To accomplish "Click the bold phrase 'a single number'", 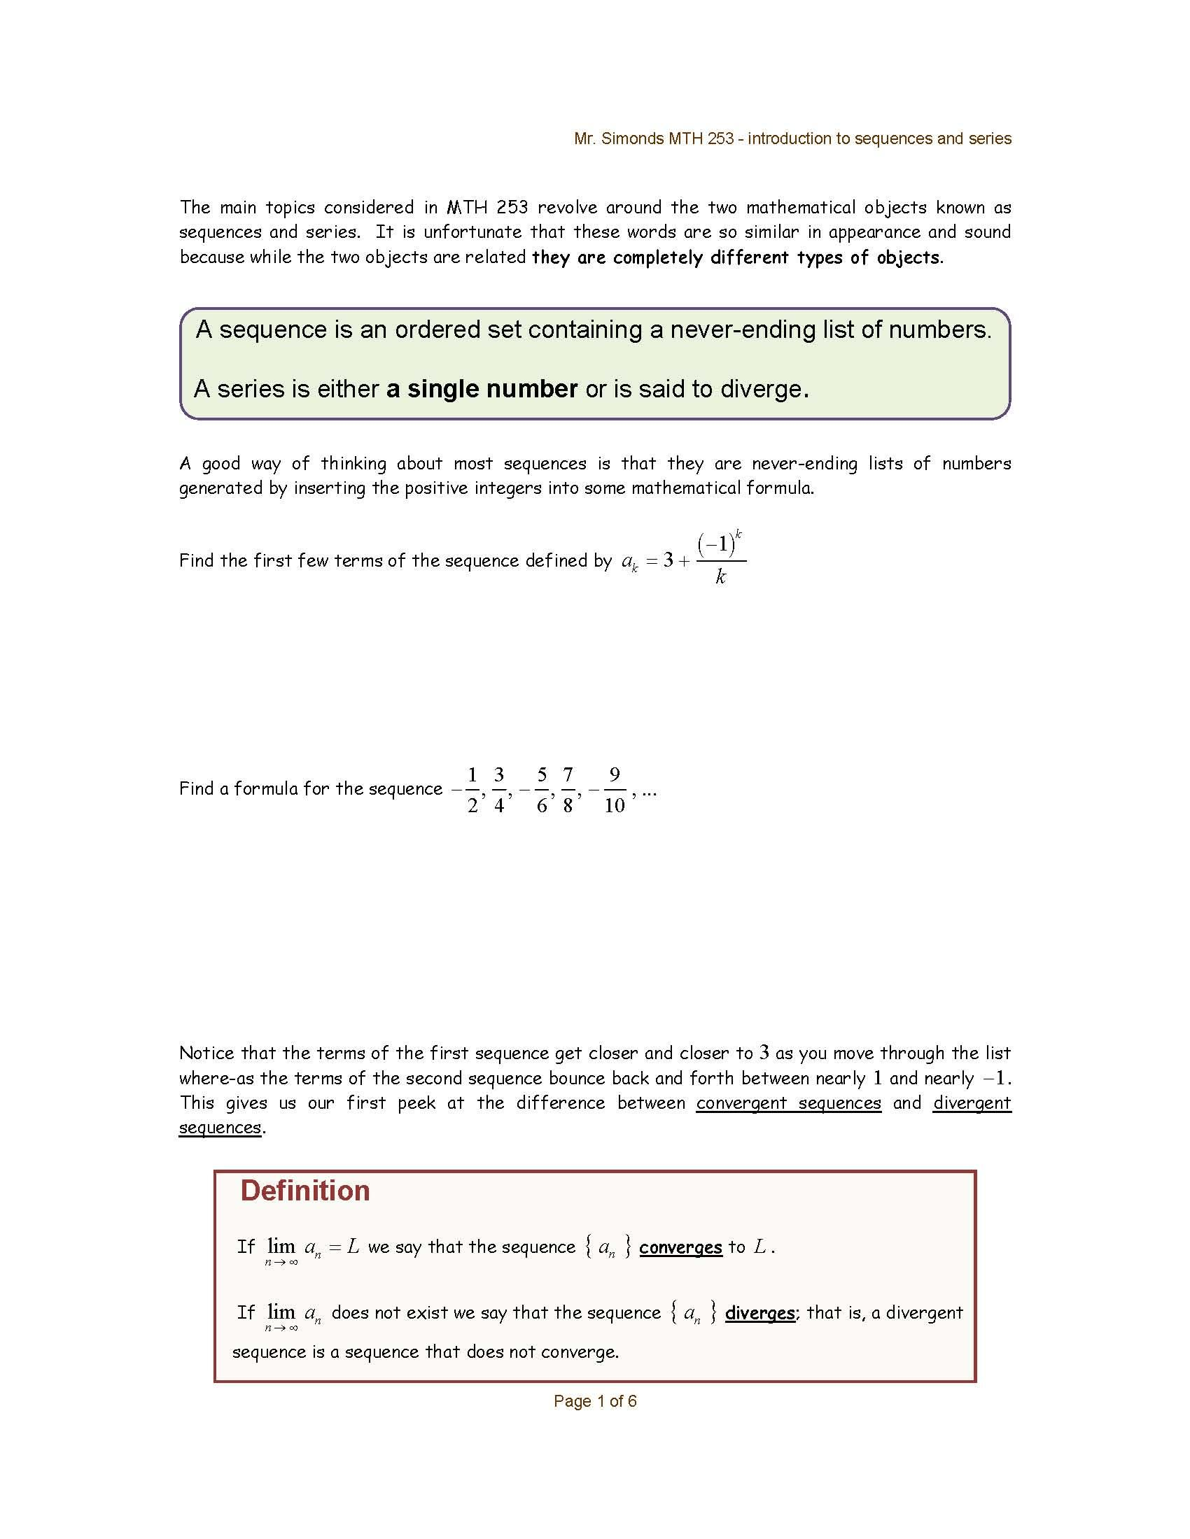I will point(482,389).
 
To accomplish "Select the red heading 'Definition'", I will point(304,1191).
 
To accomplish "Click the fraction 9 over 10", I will point(614,790).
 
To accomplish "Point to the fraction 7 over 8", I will point(568,790).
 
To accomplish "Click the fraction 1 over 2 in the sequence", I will point(472,790).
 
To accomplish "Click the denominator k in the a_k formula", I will point(720,577).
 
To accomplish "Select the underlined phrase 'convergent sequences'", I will point(788,1102).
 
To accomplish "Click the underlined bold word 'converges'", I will point(680,1247).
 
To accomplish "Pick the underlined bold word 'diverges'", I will point(759,1313).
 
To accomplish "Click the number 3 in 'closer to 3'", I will point(764,1053).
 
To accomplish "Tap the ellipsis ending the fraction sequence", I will point(650,792).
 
